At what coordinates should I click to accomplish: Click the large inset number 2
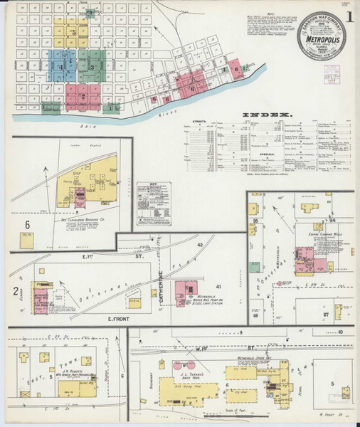[x=15, y=290]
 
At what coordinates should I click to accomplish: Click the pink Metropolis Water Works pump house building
[x=191, y=291]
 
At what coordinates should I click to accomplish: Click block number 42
[x=200, y=245]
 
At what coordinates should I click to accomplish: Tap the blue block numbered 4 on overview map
[x=62, y=68]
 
